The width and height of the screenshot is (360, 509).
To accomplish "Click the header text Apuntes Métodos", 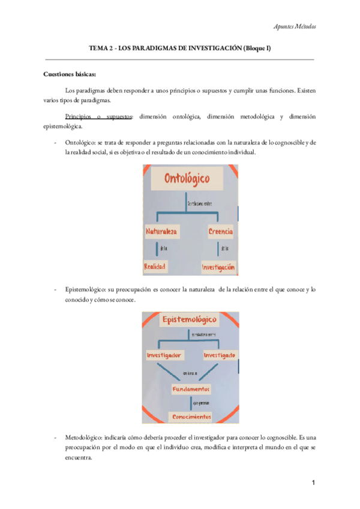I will [295, 26].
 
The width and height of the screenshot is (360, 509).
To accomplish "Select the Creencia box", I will [221, 231].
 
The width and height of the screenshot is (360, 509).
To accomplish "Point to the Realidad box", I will [155, 265].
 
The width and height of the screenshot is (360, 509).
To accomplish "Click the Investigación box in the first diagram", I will [218, 266].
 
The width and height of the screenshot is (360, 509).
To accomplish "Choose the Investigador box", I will [164, 355].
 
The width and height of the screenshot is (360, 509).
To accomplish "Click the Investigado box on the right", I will [218, 355].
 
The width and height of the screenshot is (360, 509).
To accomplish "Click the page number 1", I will [313, 484].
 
